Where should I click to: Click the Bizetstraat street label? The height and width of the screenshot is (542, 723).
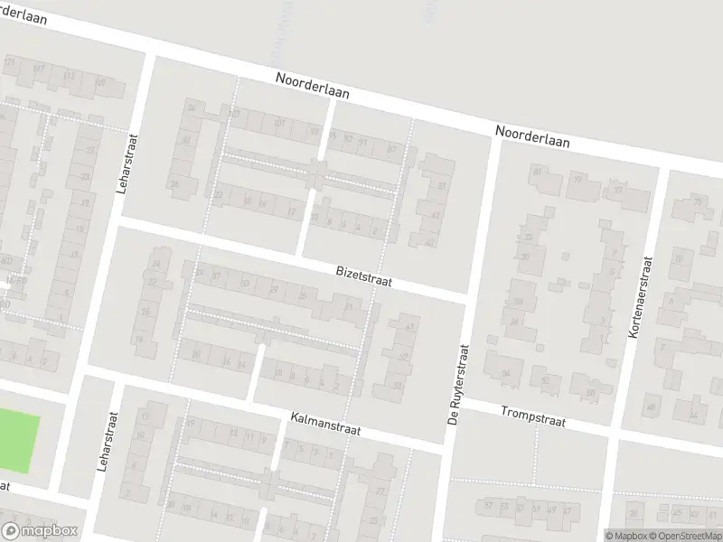pyautogui.click(x=364, y=275)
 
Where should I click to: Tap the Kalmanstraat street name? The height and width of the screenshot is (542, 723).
pyautogui.click(x=326, y=425)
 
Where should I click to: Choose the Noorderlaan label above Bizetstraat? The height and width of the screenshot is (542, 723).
pyautogui.click(x=313, y=87)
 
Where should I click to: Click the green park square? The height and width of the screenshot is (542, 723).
pyautogui.click(x=18, y=439)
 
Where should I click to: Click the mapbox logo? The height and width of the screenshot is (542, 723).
pyautogui.click(x=38, y=531)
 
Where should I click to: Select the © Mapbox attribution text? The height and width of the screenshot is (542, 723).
pyautogui.click(x=626, y=536)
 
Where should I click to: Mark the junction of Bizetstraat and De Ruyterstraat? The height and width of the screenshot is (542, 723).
pyautogui.click(x=466, y=297)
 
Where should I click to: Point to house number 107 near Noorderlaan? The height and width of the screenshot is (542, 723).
pyautogui.click(x=234, y=114)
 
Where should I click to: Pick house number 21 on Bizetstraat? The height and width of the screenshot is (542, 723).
pyautogui.click(x=349, y=307)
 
